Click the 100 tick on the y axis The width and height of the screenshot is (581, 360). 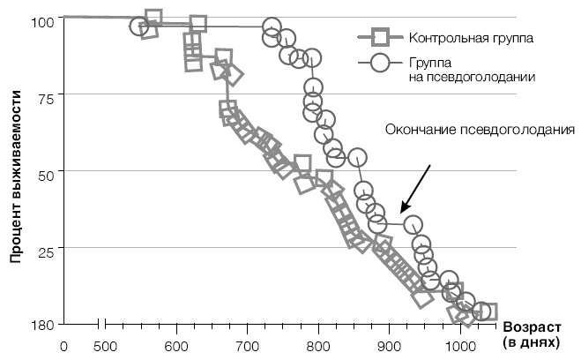(43, 19)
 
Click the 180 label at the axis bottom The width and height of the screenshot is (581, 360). (41, 325)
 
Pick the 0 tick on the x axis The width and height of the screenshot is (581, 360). (63, 347)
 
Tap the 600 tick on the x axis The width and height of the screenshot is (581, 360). (176, 347)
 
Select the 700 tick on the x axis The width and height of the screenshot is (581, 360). (248, 347)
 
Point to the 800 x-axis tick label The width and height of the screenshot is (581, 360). (318, 347)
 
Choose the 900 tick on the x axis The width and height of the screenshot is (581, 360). (390, 347)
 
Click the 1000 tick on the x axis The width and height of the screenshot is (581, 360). (459, 347)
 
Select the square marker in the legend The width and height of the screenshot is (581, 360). (380, 38)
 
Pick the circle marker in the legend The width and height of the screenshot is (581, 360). (380, 63)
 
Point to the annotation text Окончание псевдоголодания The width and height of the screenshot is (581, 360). (480, 130)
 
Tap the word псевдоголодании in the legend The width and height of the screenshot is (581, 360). (473, 77)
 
